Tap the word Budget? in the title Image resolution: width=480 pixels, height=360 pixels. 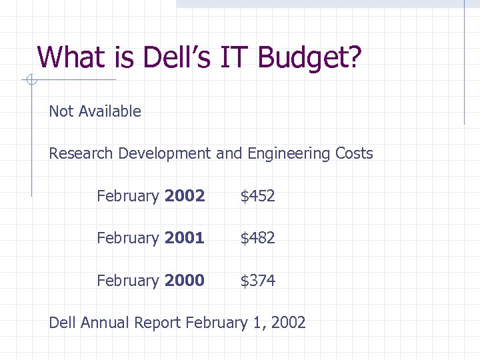[x=310, y=59]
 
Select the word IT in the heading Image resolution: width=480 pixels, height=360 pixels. [x=233, y=57]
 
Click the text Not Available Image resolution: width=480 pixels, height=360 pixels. [x=95, y=111]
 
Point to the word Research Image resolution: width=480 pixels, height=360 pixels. [x=81, y=153]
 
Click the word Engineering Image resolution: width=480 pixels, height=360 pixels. [x=289, y=154]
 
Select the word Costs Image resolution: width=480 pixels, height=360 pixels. [x=354, y=153]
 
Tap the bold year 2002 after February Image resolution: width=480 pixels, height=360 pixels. [x=185, y=196]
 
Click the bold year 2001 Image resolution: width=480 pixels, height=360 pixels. [x=185, y=238]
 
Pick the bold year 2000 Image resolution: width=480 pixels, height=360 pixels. [x=185, y=281]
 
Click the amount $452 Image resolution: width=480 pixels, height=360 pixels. [x=257, y=196]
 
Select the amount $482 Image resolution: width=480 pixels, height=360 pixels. [x=257, y=238]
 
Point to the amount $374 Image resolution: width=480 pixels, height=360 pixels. [x=257, y=281]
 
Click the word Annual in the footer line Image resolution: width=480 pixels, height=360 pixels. [x=105, y=323]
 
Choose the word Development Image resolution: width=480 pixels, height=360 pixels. [x=165, y=154]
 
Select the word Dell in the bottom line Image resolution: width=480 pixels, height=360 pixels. [x=63, y=323]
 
